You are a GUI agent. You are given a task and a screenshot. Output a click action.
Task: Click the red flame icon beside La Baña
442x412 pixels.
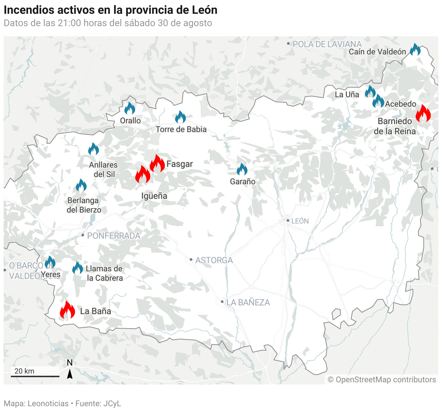(67, 310)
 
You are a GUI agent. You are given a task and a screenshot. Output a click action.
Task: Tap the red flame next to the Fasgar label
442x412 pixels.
(157, 164)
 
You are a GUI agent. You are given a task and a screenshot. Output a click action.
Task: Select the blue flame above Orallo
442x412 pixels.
(130, 108)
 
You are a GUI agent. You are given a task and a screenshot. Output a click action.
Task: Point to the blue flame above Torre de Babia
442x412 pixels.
(180, 117)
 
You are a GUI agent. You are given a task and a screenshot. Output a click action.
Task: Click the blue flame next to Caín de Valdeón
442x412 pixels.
(415, 50)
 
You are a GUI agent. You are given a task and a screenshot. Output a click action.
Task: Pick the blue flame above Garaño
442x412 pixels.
(242, 169)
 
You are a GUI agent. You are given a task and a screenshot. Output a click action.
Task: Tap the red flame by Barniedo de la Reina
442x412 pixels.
(423, 114)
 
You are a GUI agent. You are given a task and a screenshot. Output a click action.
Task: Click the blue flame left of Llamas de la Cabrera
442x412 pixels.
(78, 268)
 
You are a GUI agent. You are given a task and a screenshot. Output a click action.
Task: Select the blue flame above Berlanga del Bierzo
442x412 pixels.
(81, 186)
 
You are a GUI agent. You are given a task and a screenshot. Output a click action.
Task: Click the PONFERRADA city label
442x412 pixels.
(113, 236)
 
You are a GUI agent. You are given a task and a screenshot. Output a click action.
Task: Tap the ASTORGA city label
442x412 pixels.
(214, 260)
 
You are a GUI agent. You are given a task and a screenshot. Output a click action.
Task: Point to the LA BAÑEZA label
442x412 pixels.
(248, 302)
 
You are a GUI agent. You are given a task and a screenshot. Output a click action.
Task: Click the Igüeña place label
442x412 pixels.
(154, 196)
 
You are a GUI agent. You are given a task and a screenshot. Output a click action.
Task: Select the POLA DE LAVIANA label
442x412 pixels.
(327, 44)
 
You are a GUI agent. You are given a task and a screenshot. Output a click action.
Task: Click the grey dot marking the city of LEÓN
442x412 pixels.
(288, 221)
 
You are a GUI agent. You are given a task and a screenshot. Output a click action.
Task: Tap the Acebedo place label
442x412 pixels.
(400, 104)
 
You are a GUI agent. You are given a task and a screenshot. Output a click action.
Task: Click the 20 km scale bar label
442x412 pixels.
(24, 371)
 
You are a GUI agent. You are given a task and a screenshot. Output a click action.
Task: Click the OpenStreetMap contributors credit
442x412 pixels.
(382, 380)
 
